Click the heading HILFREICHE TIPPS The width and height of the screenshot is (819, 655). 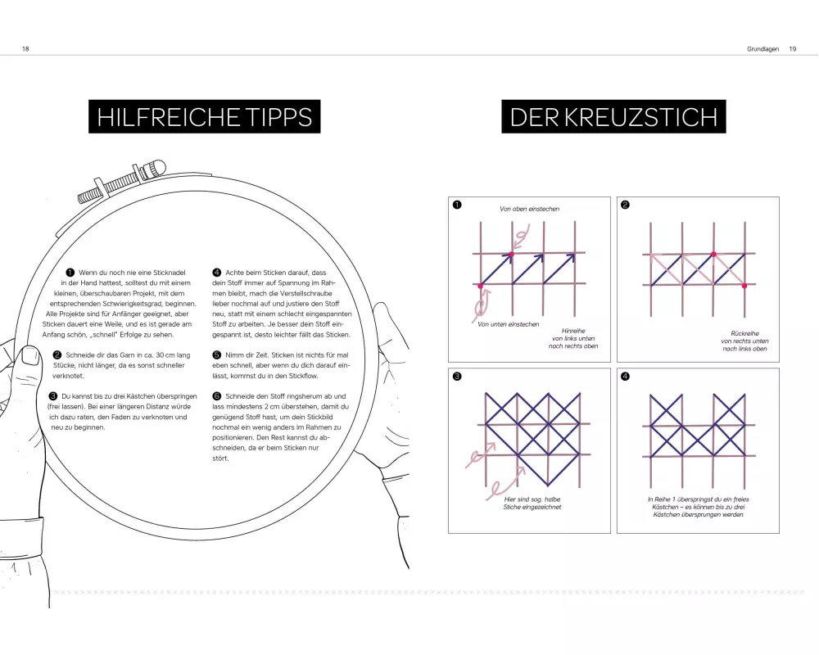coord(204,116)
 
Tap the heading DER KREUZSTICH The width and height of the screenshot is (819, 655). coord(613,116)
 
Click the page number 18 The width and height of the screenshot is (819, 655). coord(25,48)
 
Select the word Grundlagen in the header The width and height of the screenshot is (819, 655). coord(762,48)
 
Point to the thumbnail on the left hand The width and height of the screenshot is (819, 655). coord(30,356)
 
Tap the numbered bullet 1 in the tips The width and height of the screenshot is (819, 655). coord(70,272)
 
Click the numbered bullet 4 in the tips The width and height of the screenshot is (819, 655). coord(217,272)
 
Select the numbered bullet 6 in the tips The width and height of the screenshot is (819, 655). coord(217,396)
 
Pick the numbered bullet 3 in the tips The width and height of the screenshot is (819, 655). coord(52,396)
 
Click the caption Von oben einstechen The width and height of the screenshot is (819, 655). coord(529,209)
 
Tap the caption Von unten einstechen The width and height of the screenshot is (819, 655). coord(509,324)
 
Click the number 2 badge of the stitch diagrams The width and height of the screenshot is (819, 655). coord(625,205)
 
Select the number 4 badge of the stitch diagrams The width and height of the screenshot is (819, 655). coord(625,376)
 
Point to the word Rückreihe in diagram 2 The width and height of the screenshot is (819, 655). coord(744,333)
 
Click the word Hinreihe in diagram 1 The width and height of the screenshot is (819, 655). coord(573,331)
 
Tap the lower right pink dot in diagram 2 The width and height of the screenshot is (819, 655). coord(744,286)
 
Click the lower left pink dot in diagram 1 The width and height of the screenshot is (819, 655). coord(481,286)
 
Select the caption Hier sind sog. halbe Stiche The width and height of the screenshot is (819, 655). coord(532,503)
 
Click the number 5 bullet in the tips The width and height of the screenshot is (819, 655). coord(217,355)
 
